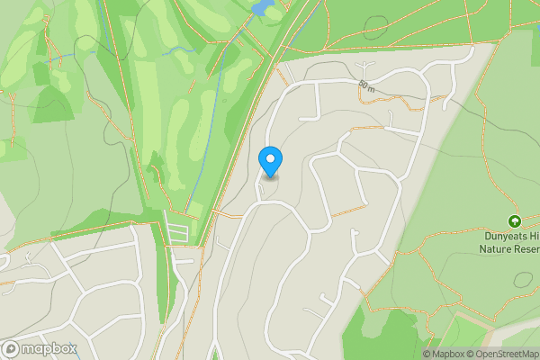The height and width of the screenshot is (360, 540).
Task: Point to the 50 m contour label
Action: click(x=365, y=85)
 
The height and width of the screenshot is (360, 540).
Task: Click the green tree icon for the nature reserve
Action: click(x=515, y=220)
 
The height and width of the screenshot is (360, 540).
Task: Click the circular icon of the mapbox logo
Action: click(x=11, y=348)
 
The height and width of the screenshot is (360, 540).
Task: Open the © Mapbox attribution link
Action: click(x=443, y=354)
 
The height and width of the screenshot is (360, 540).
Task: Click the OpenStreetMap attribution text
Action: click(x=501, y=354)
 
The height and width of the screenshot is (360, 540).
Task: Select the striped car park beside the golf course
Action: click(x=179, y=232)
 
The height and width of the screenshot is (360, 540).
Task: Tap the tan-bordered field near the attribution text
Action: click(x=468, y=331)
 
